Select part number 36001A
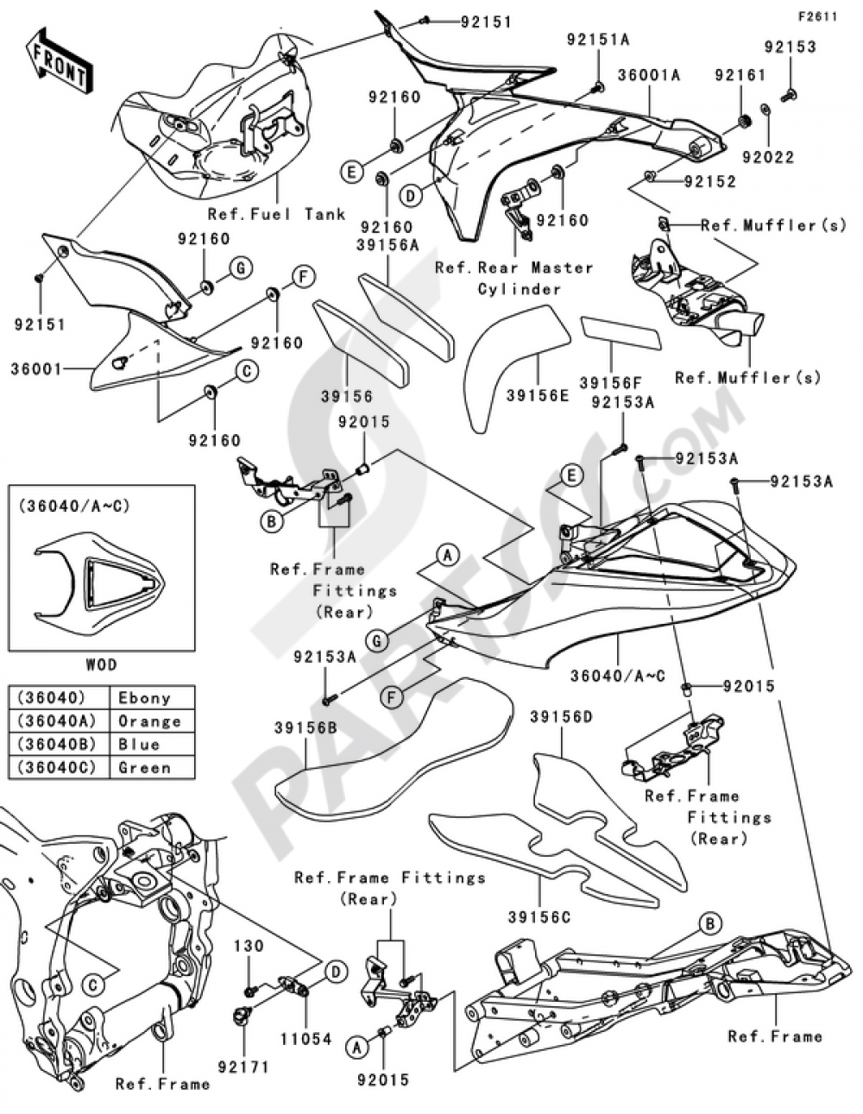pyautogui.click(x=648, y=75)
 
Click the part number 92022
pyautogui.click(x=765, y=158)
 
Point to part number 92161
pyautogui.click(x=740, y=75)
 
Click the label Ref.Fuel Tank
pyautogui.click(x=276, y=213)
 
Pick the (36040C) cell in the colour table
pyautogui.click(x=56, y=767)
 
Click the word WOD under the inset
pyautogui.click(x=101, y=664)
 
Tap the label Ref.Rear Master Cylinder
pyautogui.click(x=514, y=278)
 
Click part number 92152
pyautogui.click(x=709, y=182)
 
